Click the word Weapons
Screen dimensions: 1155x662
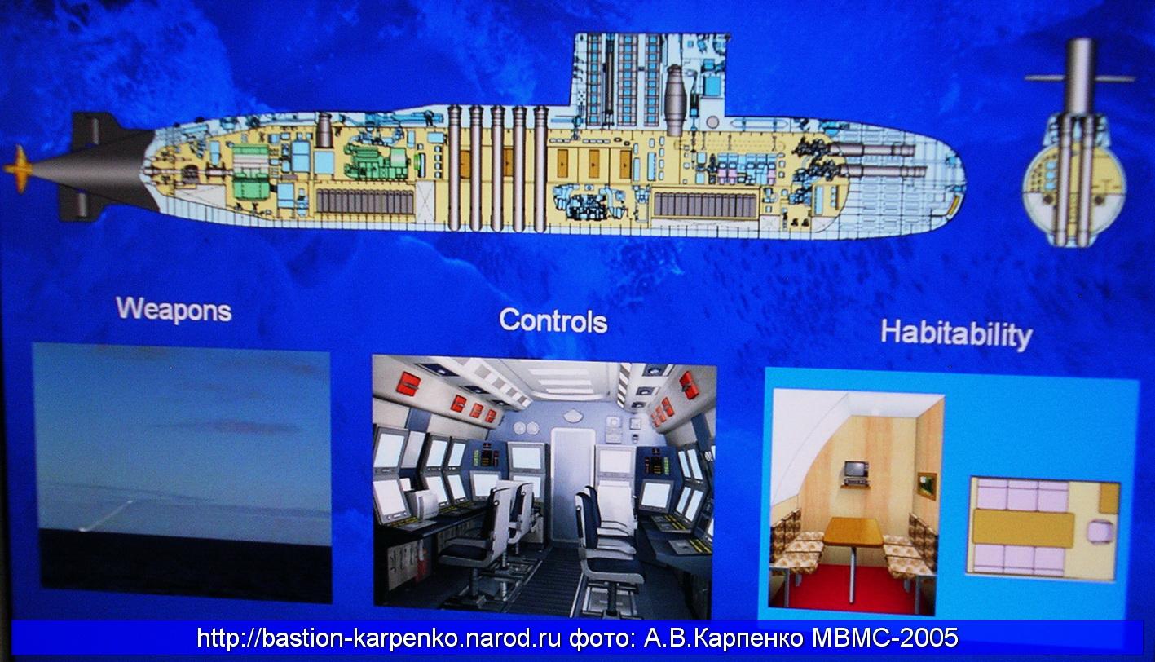click(174, 310)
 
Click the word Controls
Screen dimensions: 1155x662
click(553, 320)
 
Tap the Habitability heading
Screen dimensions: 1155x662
click(956, 334)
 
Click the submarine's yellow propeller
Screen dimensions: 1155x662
click(18, 169)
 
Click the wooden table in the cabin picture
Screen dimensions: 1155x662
click(853, 532)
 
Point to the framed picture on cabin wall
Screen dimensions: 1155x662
click(927, 486)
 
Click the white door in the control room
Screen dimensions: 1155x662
click(572, 484)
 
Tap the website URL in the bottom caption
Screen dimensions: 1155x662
click(378, 638)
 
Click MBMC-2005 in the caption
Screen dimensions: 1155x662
click(885, 638)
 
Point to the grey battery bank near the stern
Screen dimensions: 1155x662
click(365, 201)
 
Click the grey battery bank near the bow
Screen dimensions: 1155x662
click(706, 205)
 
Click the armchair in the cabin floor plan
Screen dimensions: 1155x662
click(1099, 532)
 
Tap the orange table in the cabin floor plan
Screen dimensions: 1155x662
click(1024, 529)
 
